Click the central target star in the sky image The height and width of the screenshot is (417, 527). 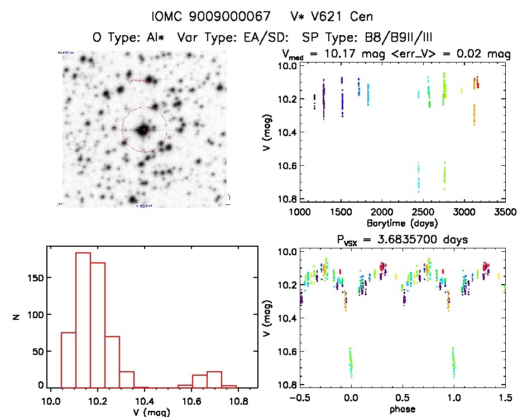pos(143,130)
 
